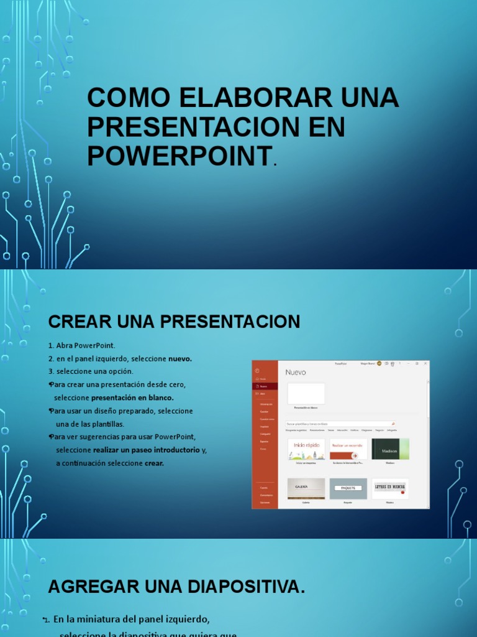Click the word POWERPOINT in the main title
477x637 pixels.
click(179, 155)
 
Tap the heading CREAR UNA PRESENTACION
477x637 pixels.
click(174, 322)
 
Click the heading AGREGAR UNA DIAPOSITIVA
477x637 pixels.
click(176, 586)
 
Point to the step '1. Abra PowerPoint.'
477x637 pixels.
click(82, 345)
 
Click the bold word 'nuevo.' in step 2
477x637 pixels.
click(180, 358)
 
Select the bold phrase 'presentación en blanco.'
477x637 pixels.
click(132, 398)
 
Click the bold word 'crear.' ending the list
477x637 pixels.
click(154, 463)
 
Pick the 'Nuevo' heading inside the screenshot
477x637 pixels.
click(296, 372)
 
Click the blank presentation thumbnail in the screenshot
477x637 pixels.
click(306, 394)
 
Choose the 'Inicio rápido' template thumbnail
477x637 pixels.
click(306, 449)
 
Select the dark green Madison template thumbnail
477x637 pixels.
click(390, 449)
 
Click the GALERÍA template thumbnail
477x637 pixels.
click(306, 488)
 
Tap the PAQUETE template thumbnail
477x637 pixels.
click(348, 488)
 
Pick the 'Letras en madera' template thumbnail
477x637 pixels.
click(390, 488)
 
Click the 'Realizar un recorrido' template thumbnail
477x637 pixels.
click(348, 449)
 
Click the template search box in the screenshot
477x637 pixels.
click(339, 424)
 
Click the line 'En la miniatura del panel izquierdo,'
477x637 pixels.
click(132, 619)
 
